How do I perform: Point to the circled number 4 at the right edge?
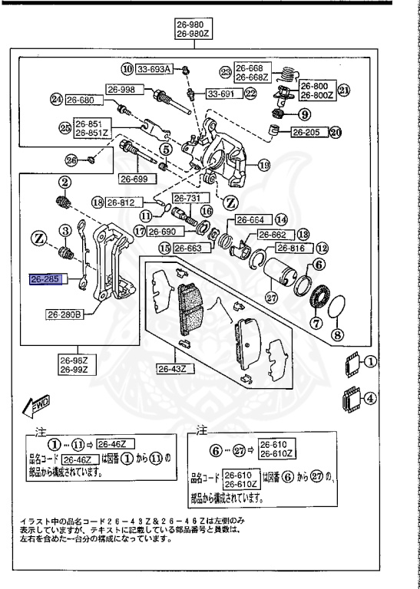[x=370, y=398]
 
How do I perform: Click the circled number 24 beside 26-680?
[x=55, y=100]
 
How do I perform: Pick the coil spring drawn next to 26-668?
[x=286, y=75]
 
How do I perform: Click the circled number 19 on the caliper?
[x=264, y=165]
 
